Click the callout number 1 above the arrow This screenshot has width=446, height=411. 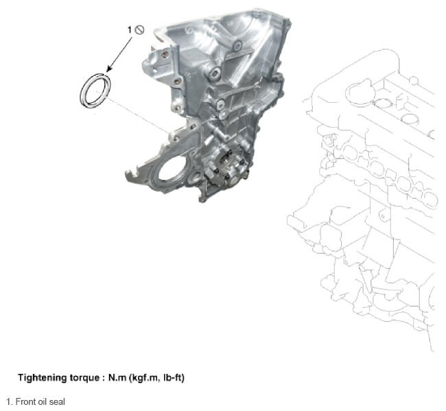[x=130, y=30]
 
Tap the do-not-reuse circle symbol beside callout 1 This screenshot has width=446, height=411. [x=139, y=30]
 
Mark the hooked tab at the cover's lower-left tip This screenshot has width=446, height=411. [x=130, y=175]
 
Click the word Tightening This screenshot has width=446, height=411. [x=42, y=378]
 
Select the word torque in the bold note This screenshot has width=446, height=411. [x=83, y=378]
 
